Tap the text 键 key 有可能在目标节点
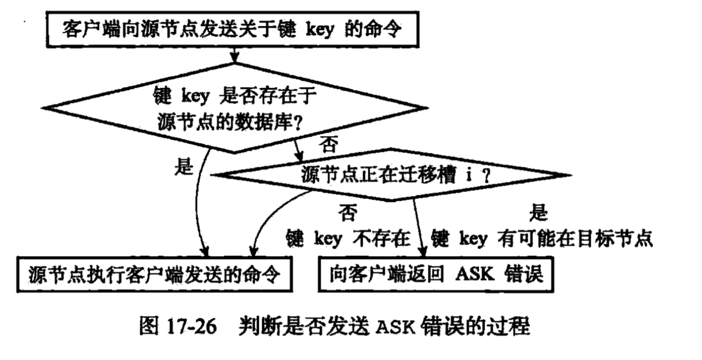pyautogui.click(x=542, y=238)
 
